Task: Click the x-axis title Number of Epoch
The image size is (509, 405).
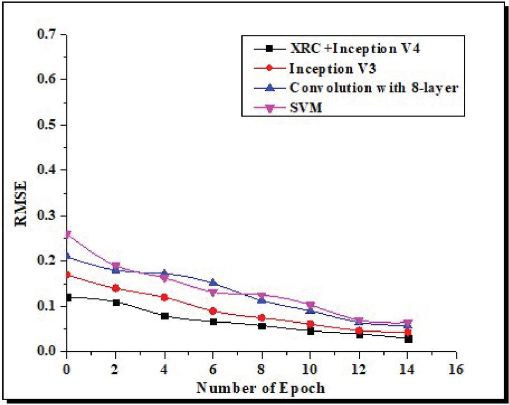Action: click(261, 387)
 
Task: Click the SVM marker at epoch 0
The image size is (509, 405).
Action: click(67, 235)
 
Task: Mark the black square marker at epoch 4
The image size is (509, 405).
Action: click(164, 316)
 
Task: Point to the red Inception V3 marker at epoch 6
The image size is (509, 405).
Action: click(213, 311)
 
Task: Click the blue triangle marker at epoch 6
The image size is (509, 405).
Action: click(213, 283)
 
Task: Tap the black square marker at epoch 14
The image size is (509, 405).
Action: click(408, 339)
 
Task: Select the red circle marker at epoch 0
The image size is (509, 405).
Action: click(67, 275)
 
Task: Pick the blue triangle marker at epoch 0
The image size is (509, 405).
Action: click(67, 256)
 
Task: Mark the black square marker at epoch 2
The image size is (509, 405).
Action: click(116, 302)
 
